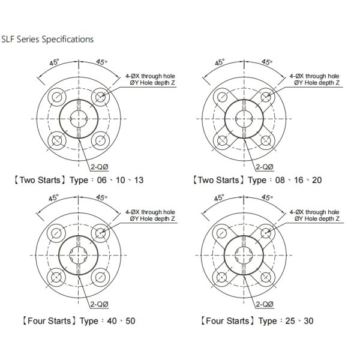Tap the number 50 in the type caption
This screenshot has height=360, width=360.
(128, 320)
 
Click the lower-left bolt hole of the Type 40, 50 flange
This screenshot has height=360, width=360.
(58, 277)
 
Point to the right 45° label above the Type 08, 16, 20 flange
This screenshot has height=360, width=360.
(265, 62)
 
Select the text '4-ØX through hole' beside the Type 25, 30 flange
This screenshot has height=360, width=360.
(314, 212)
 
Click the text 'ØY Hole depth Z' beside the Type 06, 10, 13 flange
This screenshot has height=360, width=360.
(154, 83)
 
